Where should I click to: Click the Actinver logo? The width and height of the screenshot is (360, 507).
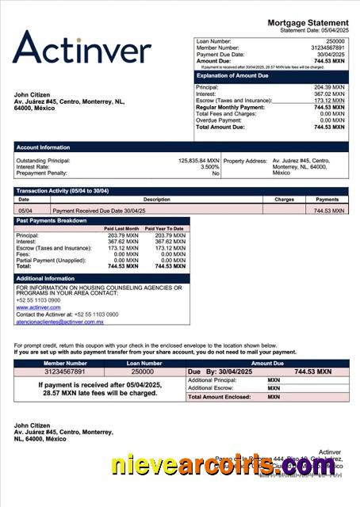coord(82,48)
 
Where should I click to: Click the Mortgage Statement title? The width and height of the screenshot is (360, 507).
coord(308,23)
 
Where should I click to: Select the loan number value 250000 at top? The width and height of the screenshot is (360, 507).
coord(335,40)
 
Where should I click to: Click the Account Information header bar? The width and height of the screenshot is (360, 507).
coord(181,147)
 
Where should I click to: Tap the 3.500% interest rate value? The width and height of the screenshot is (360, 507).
coord(209,166)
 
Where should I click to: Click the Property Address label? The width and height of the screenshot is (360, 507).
coord(245,160)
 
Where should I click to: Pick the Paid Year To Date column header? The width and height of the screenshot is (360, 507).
coord(164,228)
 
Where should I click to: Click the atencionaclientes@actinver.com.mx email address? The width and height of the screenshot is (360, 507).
coord(59,322)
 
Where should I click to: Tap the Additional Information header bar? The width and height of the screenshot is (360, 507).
coord(101,279)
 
